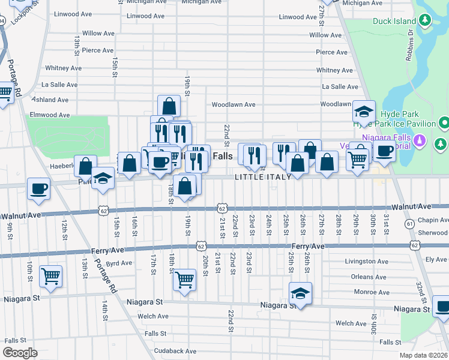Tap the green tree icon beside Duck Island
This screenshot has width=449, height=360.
pyautogui.click(x=425, y=21)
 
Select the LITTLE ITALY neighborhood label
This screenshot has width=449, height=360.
pyautogui.click(x=263, y=176)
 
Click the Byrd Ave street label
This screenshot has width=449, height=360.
pyautogui.click(x=119, y=263)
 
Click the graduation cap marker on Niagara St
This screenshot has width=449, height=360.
pyautogui.click(x=300, y=293)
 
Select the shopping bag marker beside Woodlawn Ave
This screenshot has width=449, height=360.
pyautogui.click(x=169, y=106)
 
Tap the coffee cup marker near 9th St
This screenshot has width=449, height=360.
pyautogui.click(x=38, y=188)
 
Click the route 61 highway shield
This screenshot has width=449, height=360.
pyautogui.click(x=409, y=223)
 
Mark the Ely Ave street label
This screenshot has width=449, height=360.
pyautogui.click(x=436, y=259)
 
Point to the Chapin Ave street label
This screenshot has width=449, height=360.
pyautogui.click(x=435, y=220)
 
